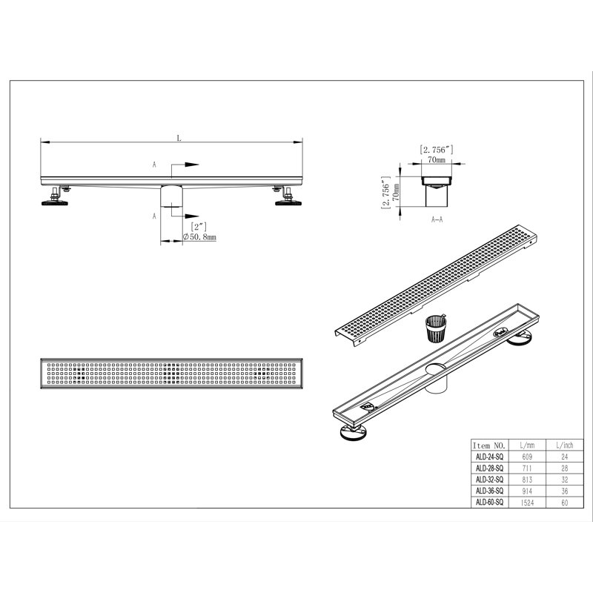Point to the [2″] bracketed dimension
(198, 225)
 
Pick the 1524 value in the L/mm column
(527, 503)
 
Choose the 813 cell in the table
(527, 480)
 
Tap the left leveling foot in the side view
(55, 199)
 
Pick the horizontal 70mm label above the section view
(435, 159)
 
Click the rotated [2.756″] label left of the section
(385, 193)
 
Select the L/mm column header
(527, 445)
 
